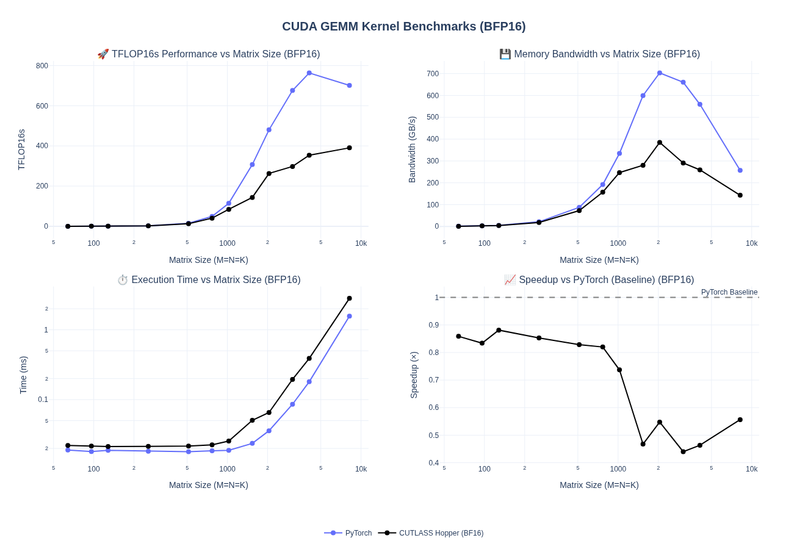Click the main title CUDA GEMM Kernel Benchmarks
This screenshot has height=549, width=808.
pyautogui.click(x=403, y=26)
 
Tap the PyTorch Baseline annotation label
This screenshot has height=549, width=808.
pyautogui.click(x=729, y=292)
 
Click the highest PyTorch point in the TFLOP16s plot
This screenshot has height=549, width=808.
pyautogui.click(x=309, y=73)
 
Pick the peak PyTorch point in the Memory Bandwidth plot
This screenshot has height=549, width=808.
pyautogui.click(x=660, y=73)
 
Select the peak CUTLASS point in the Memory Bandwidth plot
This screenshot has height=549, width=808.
pyautogui.click(x=660, y=143)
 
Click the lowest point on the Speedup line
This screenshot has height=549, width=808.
pyautogui.click(x=684, y=452)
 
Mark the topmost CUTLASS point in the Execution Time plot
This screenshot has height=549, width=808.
pyautogui.click(x=350, y=298)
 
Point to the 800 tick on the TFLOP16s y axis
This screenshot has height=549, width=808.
pyautogui.click(x=42, y=66)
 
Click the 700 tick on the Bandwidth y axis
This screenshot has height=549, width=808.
pyautogui.click(x=433, y=74)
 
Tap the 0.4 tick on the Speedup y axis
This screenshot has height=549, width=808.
pyautogui.click(x=433, y=463)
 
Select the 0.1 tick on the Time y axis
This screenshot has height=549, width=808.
pyautogui.click(x=43, y=400)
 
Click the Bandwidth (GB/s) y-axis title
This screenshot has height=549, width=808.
pyautogui.click(x=412, y=149)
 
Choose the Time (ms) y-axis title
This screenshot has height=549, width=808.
pyautogui.click(x=23, y=375)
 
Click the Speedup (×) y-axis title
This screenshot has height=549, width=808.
pyautogui.click(x=414, y=375)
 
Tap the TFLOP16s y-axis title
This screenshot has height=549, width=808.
pyautogui.click(x=21, y=149)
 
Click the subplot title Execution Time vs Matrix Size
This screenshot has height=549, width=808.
pyautogui.click(x=209, y=280)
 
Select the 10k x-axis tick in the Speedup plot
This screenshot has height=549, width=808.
pyautogui.click(x=751, y=469)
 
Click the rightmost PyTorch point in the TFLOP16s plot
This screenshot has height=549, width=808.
pyautogui.click(x=350, y=85)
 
